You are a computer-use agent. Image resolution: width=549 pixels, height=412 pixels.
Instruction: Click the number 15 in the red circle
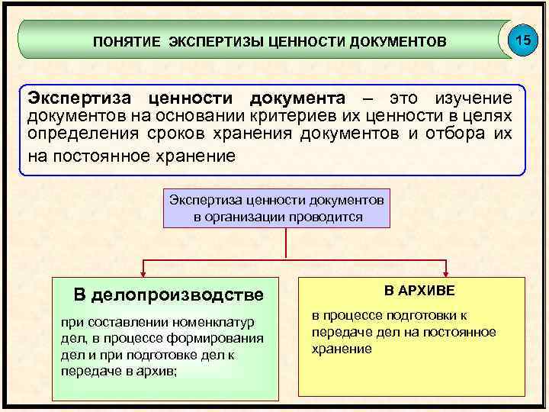point(522,39)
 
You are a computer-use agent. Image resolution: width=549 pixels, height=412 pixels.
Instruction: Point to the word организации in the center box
point(251,216)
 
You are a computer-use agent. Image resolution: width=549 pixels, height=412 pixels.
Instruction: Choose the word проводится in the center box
point(326,216)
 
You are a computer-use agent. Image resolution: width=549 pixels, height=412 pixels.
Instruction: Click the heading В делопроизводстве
point(168,295)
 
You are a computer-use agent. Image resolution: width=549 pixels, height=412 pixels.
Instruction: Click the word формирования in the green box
point(225,339)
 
